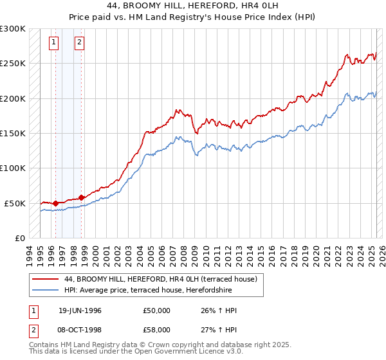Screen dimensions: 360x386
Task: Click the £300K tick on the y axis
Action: click(x=13, y=29)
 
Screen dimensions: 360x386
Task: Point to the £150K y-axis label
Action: click(x=13, y=134)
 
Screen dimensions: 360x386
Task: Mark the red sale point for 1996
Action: click(x=55, y=203)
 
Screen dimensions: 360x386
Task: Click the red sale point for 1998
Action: click(x=81, y=197)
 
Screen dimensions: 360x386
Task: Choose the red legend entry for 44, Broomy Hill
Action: click(x=161, y=279)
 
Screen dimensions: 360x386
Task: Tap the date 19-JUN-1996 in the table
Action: click(x=80, y=310)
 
